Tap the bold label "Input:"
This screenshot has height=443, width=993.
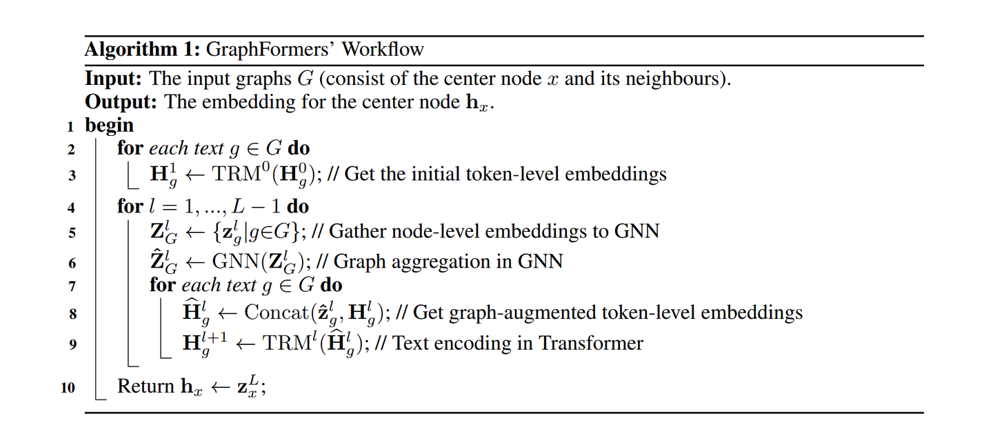(114, 79)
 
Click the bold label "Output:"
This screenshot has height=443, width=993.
(120, 101)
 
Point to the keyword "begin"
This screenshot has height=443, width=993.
(109, 125)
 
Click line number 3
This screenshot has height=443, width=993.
(72, 175)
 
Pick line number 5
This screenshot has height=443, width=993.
(72, 233)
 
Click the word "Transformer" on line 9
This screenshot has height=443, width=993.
(592, 343)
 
